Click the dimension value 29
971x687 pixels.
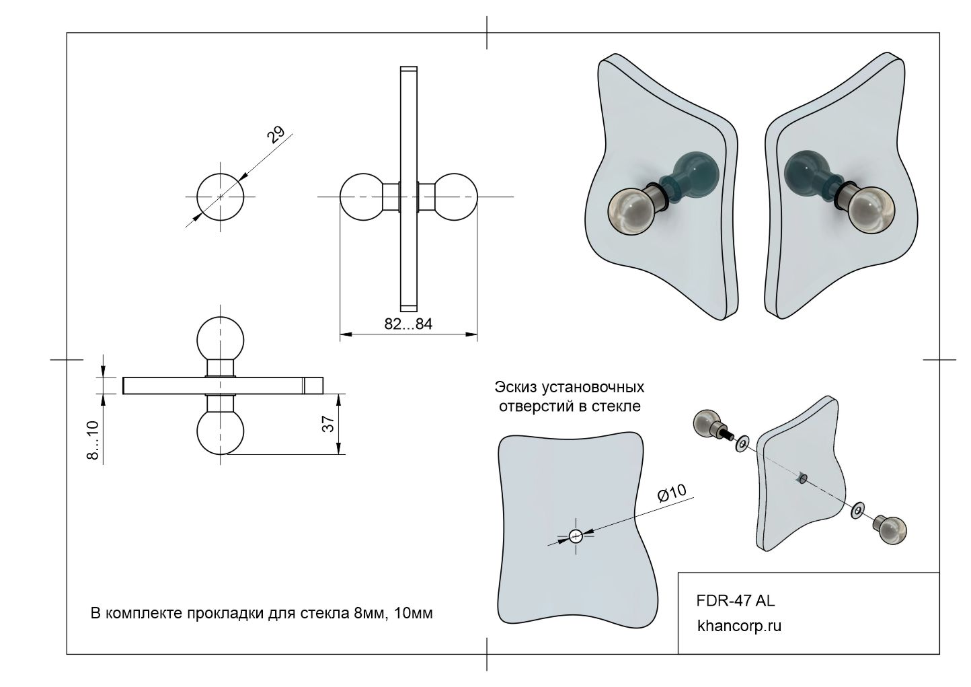pyautogui.click(x=276, y=135)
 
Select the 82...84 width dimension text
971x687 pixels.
pyautogui.click(x=408, y=324)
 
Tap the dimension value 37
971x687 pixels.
pyautogui.click(x=329, y=424)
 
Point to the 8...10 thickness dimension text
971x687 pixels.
pyautogui.click(x=93, y=440)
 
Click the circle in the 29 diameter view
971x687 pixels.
pyautogui.click(x=220, y=196)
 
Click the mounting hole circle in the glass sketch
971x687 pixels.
pyautogui.click(x=576, y=536)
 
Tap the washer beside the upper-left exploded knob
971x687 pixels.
pyautogui.click(x=742, y=444)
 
